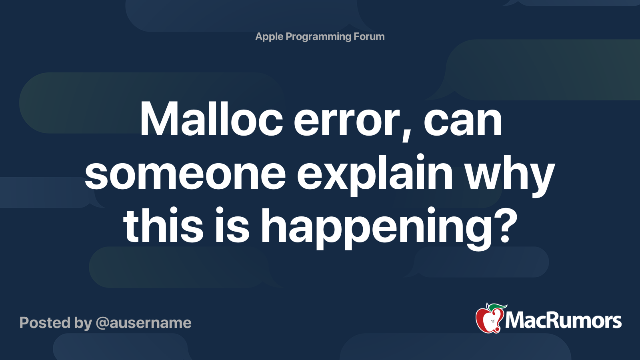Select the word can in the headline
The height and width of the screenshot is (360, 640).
click(462, 123)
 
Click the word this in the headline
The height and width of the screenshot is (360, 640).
click(163, 226)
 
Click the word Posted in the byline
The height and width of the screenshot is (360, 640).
click(45, 323)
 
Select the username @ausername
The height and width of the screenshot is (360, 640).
click(144, 323)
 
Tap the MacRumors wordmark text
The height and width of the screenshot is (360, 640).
click(563, 321)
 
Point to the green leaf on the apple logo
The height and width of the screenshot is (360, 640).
click(497, 306)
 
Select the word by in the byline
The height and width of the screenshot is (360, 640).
click(83, 324)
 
